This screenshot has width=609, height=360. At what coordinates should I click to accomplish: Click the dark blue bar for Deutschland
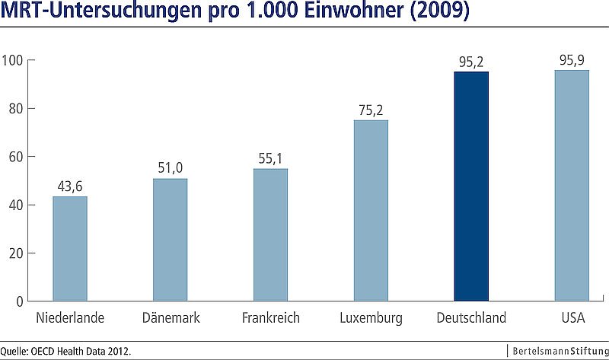pyautogui.click(x=471, y=186)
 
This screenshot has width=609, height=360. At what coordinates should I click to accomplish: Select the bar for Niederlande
pyautogui.click(x=69, y=249)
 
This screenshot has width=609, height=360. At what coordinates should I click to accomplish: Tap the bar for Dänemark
pyautogui.click(x=170, y=240)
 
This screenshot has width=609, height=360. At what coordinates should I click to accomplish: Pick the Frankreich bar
pyautogui.click(x=270, y=234)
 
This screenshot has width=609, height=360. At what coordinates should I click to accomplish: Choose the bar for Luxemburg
pyautogui.click(x=371, y=211)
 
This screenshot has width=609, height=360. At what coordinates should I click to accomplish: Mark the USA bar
pyautogui.click(x=572, y=186)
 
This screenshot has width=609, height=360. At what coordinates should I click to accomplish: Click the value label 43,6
pyautogui.click(x=69, y=186)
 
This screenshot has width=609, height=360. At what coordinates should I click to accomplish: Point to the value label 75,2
pyautogui.click(x=371, y=110)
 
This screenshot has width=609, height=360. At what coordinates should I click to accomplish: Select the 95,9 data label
pyautogui.click(x=572, y=60)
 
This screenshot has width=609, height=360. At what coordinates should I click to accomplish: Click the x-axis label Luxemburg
pyautogui.click(x=371, y=317)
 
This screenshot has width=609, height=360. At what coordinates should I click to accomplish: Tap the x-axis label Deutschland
pyautogui.click(x=471, y=317)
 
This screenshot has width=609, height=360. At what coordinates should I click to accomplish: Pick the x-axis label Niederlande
pyautogui.click(x=69, y=317)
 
